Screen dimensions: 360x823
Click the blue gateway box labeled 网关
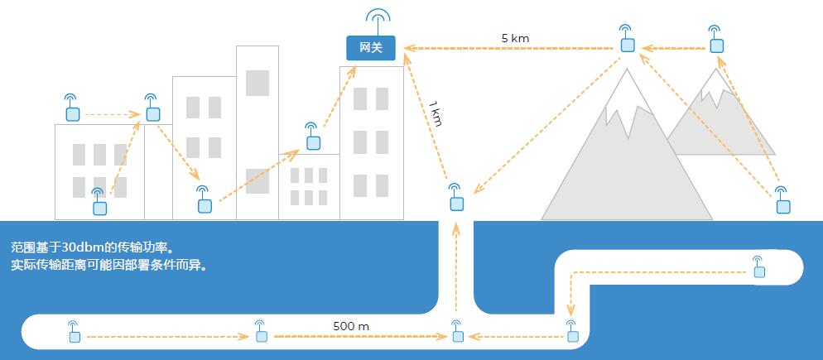pos(371,49)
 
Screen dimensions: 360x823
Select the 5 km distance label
pos(515,38)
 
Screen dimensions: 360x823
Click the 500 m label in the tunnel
pos(351,326)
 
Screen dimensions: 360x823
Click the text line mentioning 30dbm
pos(96,248)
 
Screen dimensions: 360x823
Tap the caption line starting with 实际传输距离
pos(108,266)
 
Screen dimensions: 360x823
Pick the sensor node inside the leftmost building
pos(99,206)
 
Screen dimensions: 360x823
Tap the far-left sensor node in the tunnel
pos(74,336)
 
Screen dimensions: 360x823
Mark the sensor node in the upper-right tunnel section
pos(758,271)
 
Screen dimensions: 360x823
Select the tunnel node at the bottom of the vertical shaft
pos(456,335)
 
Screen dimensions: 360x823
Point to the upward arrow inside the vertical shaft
pos(456,265)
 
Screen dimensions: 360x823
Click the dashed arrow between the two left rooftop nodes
pos(112,113)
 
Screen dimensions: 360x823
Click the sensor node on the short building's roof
pos(313,142)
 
